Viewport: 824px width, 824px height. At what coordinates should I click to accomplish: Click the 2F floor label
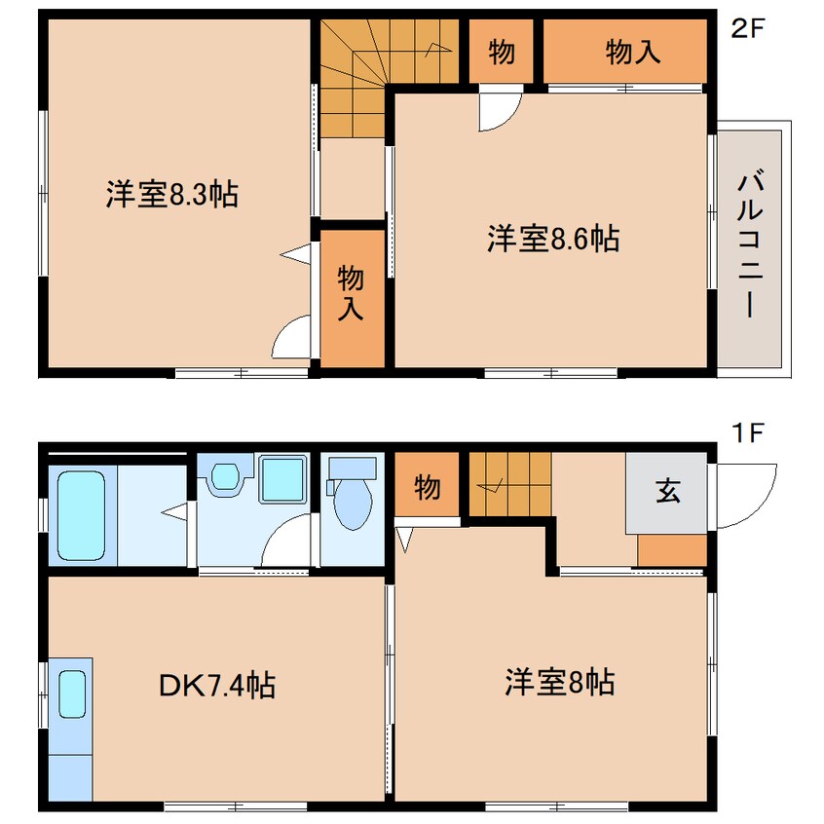click(x=747, y=28)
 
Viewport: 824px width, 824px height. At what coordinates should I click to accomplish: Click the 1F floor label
click(x=748, y=433)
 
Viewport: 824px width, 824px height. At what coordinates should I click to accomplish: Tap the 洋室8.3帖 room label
click(x=171, y=195)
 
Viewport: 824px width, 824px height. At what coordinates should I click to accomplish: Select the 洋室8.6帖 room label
click(x=553, y=238)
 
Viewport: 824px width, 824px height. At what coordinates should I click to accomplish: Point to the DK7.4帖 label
click(x=217, y=685)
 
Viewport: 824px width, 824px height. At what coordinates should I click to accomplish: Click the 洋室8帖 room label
click(x=559, y=682)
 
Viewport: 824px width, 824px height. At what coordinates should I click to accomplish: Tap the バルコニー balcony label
click(x=750, y=243)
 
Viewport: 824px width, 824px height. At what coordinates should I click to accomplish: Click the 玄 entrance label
click(x=668, y=491)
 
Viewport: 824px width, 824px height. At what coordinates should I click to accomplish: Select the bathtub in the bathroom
click(x=82, y=515)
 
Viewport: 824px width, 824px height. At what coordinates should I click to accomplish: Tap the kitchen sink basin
click(x=72, y=693)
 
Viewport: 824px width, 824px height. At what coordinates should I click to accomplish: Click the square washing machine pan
click(x=282, y=479)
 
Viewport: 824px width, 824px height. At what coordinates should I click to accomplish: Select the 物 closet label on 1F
click(x=428, y=487)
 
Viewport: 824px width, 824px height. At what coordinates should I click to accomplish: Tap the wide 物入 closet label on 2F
click(x=633, y=52)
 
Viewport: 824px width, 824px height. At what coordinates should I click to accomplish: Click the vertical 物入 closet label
click(x=351, y=293)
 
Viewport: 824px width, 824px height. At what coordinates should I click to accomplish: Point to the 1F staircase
click(x=510, y=484)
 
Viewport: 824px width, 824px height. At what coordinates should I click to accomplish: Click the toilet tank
click(x=352, y=468)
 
